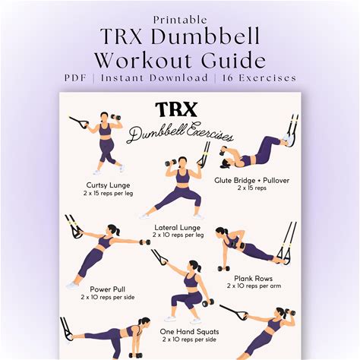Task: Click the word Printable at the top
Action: (180, 20)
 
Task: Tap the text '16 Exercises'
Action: (259, 77)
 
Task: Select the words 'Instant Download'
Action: (154, 77)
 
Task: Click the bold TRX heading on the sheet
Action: (176, 109)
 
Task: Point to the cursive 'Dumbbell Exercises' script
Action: (179, 133)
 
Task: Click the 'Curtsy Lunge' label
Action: (108, 185)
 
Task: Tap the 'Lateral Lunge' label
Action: (178, 228)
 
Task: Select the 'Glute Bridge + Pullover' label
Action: (251, 181)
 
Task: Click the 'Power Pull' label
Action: (108, 289)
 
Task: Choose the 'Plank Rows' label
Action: (253, 279)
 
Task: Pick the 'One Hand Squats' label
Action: (189, 331)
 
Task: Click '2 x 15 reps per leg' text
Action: (108, 194)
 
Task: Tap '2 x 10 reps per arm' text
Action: (254, 286)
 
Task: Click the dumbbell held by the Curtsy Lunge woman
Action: (116, 117)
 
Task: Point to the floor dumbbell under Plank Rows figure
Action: (224, 268)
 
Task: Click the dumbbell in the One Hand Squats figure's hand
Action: (208, 302)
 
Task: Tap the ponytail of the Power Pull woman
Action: (117, 231)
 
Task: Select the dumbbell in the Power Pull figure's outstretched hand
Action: (145, 242)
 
